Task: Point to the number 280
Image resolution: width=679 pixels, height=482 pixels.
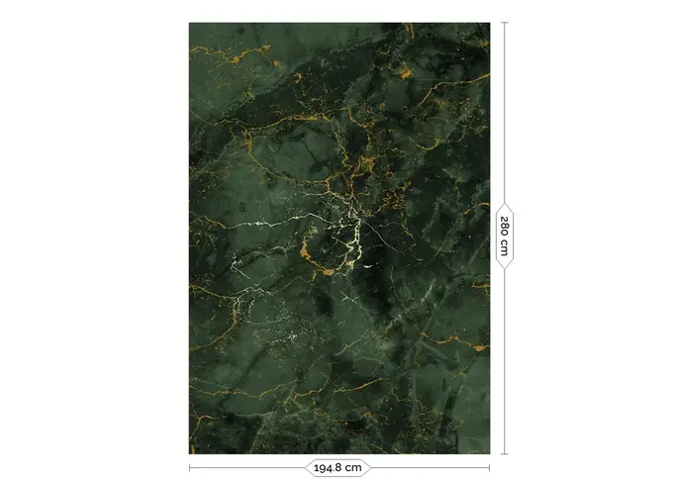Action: click(505, 226)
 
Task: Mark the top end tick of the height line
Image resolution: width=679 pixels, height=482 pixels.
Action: click(505, 23)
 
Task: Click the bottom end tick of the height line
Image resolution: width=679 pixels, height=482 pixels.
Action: click(505, 454)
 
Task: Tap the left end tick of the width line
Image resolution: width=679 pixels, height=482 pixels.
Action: click(189, 467)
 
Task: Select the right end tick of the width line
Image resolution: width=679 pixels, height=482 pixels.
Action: click(490, 467)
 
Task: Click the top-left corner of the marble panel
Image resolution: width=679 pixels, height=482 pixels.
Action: click(190, 24)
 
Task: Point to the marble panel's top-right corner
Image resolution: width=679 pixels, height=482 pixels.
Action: click(489, 24)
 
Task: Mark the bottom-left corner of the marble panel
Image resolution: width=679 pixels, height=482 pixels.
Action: click(190, 453)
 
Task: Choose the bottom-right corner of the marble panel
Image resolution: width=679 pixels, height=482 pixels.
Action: click(489, 453)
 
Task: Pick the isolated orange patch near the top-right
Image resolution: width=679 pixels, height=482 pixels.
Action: click(405, 71)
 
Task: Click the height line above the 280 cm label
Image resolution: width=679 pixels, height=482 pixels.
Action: click(505, 109)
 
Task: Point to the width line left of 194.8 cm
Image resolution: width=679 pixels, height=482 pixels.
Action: click(247, 467)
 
